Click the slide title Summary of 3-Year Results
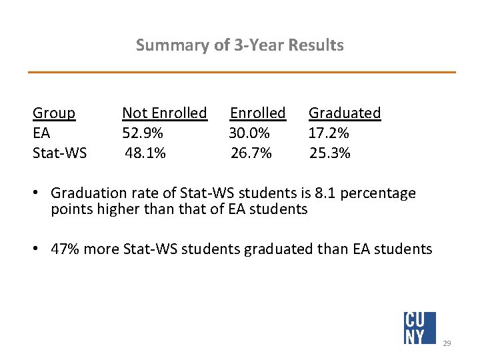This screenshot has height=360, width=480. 239,45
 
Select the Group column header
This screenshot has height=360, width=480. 54,113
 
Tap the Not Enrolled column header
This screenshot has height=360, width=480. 165,113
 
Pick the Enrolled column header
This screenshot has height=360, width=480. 258,113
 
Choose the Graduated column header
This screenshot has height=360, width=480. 345,113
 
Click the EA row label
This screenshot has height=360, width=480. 41,133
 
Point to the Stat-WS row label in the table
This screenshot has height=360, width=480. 59,153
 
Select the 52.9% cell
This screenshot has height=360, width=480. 143,133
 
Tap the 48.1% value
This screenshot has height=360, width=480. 146,153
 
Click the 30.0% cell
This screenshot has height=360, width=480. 249,133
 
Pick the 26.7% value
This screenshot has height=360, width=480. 251,153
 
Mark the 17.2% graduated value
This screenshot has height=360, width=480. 329,133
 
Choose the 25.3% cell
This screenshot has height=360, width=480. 330,153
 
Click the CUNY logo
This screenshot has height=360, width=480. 420,327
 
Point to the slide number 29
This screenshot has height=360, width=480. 447,343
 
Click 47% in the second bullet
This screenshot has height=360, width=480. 65,249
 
